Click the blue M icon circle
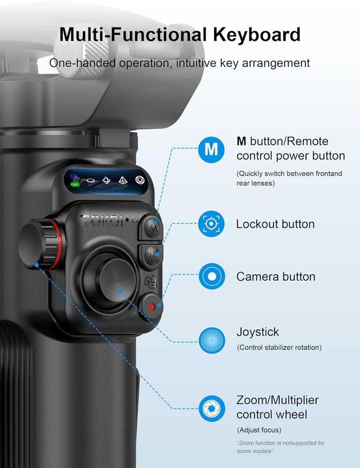[211, 149]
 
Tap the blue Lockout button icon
[211, 224]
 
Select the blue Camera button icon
[211, 276]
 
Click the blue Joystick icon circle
[211, 337]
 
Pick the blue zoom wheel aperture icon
[211, 406]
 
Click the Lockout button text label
[275, 224]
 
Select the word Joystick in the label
[258, 331]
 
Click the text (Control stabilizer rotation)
[279, 347]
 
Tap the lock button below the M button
[151, 254]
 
